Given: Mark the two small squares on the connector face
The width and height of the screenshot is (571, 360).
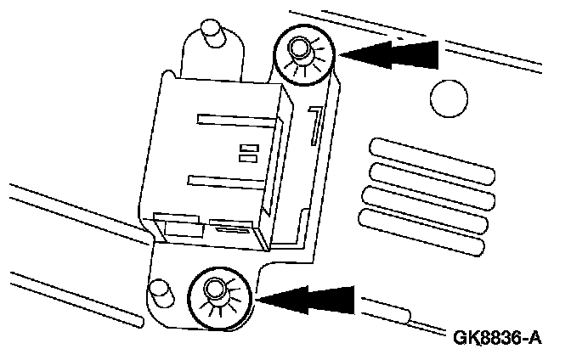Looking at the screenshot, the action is tap(248, 152).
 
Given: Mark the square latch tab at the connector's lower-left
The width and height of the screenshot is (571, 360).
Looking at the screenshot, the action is tap(177, 224).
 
